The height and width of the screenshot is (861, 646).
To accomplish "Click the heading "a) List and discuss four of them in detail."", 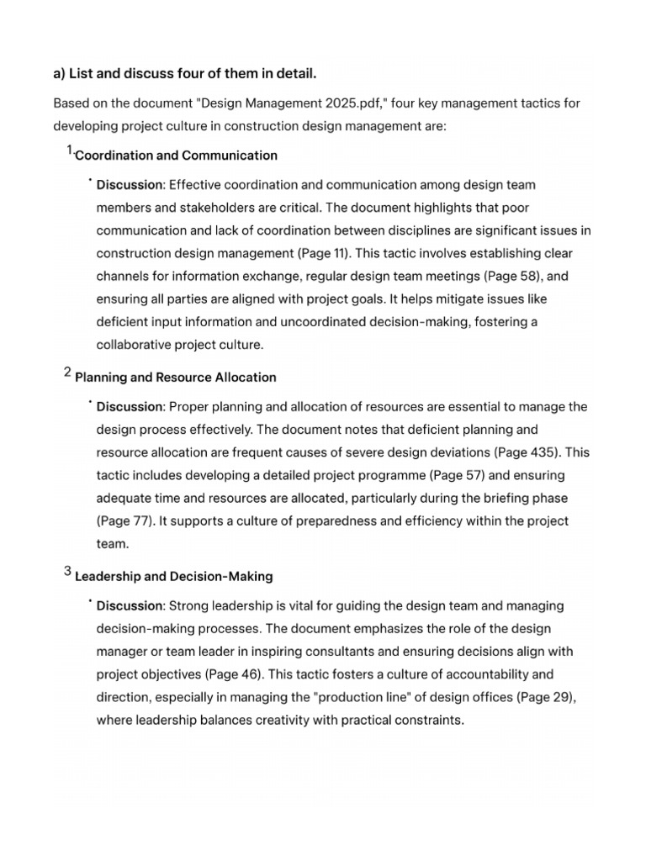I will pos(185,74).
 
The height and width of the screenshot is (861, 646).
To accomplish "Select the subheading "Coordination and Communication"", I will pos(177,155).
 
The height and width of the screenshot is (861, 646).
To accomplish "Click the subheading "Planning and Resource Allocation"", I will pos(176,377).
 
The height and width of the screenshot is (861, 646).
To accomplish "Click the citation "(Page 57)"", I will pos(480,475).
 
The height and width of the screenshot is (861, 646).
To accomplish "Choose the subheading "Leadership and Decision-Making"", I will pos(174,576).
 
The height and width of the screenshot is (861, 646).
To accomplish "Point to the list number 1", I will pos(69,151).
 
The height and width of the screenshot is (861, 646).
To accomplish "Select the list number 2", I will pos(67,373).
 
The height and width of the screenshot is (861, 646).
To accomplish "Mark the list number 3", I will pos(67,573).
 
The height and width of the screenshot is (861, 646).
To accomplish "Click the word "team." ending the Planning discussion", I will pos(113,543).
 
